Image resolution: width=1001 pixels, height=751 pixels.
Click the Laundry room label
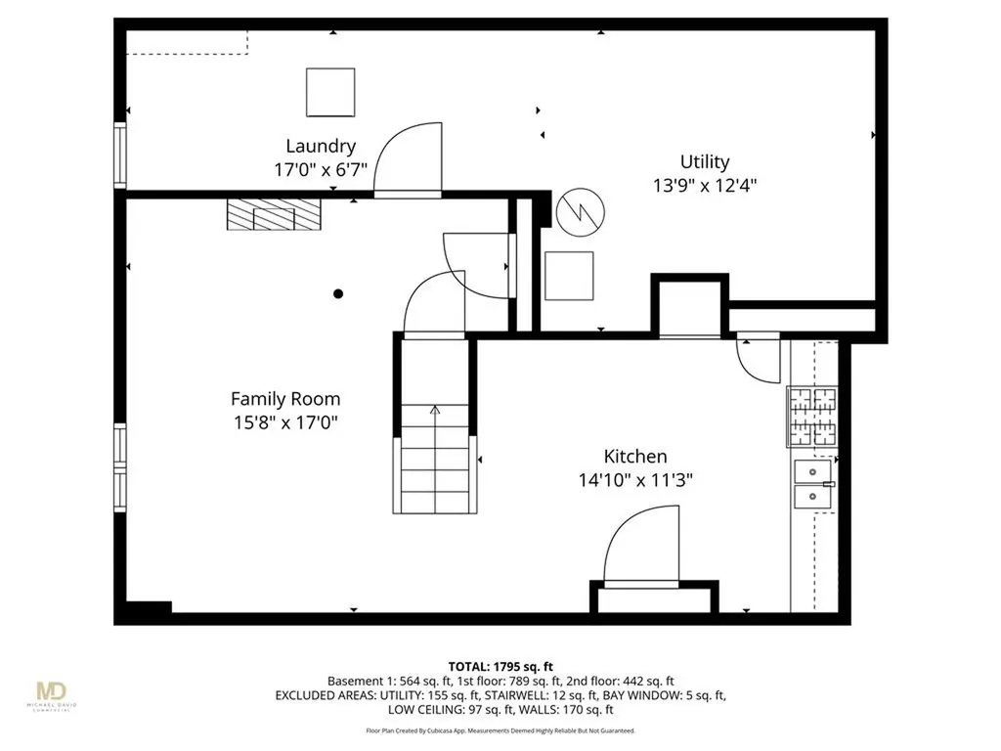[x=321, y=146]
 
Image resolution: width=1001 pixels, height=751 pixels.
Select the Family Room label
[x=285, y=398]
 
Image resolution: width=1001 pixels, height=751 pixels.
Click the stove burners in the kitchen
[x=812, y=417]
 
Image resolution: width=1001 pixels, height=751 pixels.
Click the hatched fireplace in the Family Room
[x=273, y=215]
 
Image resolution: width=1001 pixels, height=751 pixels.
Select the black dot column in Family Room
[x=338, y=293]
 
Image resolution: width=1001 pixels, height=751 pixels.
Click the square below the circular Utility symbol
[x=569, y=276]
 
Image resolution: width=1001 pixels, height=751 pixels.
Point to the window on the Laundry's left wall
[x=120, y=155]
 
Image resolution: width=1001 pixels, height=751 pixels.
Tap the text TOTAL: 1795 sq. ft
[x=500, y=666]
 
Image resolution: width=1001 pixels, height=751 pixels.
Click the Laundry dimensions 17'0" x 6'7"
[x=321, y=169]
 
